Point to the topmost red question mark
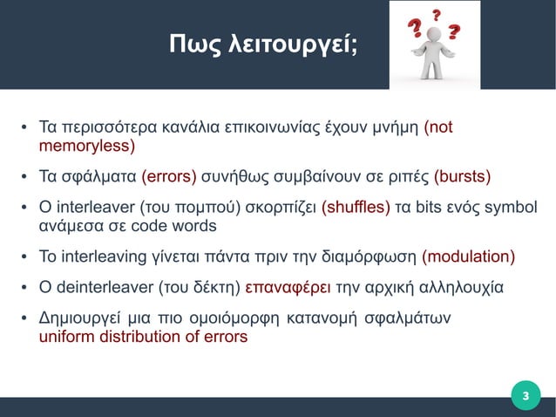(436, 14)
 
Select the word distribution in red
(132, 336)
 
